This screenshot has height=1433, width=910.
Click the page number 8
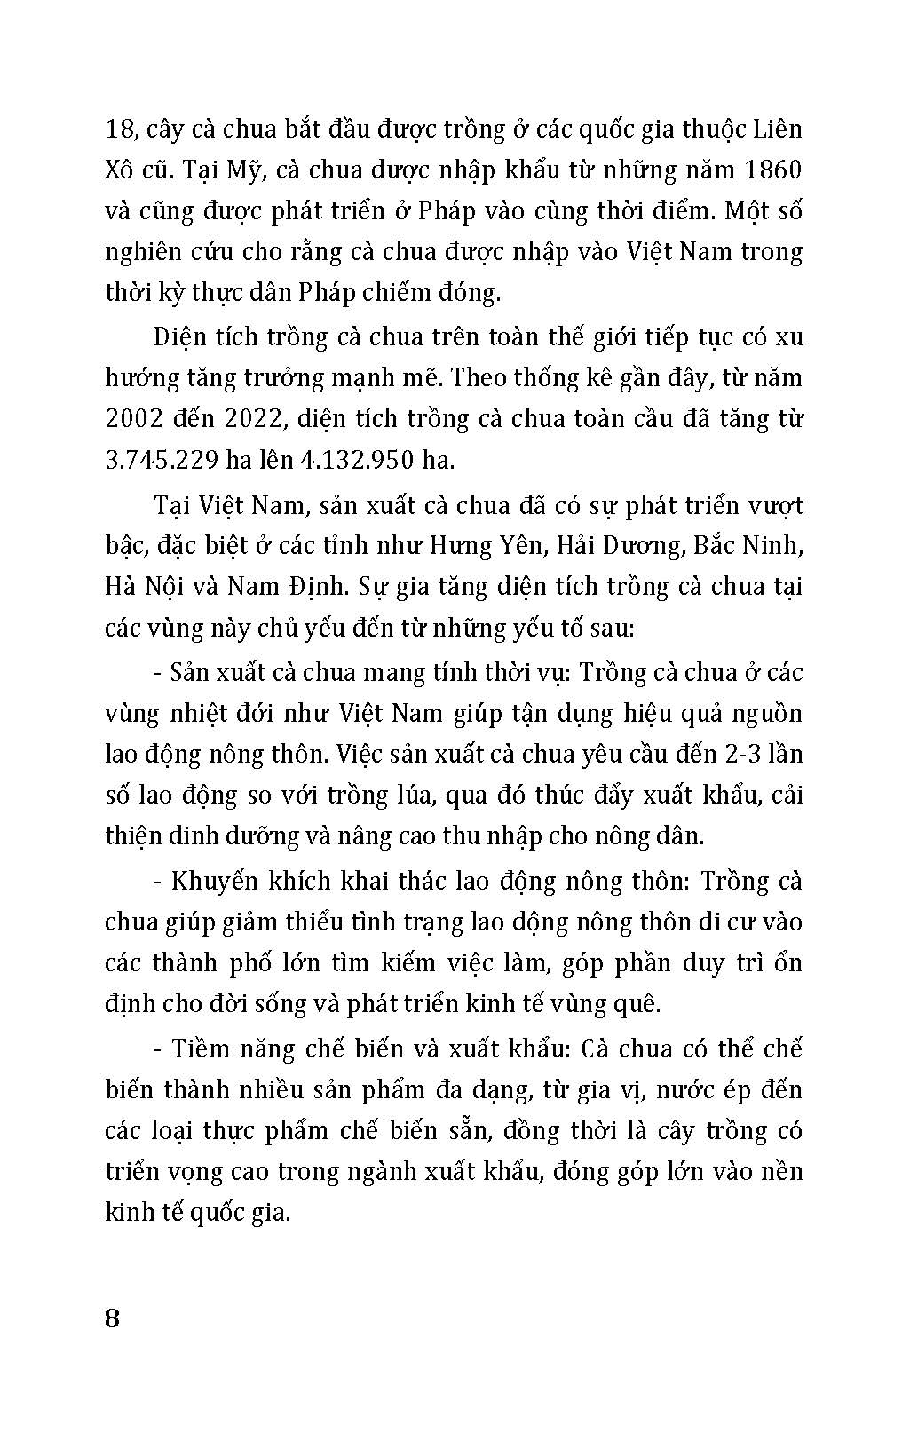[x=112, y=1317]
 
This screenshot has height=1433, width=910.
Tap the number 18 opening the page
[x=118, y=130]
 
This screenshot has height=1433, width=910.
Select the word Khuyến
[x=212, y=881]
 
